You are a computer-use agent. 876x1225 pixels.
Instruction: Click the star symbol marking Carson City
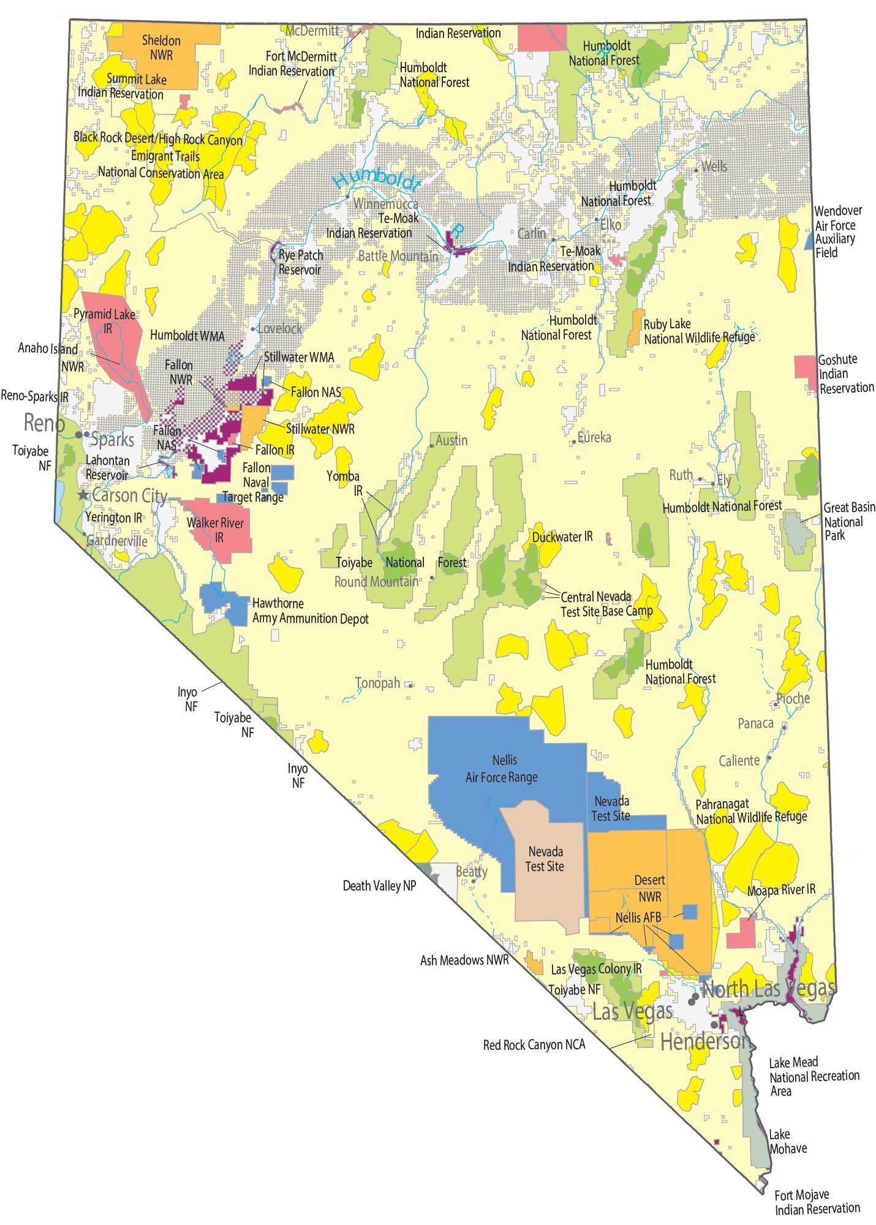[83, 494]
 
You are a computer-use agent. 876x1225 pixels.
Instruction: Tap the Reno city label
[43, 423]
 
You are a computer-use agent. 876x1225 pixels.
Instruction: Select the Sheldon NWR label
[161, 48]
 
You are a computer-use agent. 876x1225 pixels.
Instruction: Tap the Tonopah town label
[377, 683]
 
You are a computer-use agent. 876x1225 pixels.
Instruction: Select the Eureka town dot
[573, 441]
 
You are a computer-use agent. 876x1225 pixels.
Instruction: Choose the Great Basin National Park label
[848, 521]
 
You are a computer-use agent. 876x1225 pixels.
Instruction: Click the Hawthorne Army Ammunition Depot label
[310, 611]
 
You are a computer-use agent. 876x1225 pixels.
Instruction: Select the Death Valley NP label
[379, 886]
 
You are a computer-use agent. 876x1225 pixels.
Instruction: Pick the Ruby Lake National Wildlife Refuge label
[698, 331]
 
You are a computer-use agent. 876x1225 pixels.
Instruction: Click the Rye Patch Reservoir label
[300, 262]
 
